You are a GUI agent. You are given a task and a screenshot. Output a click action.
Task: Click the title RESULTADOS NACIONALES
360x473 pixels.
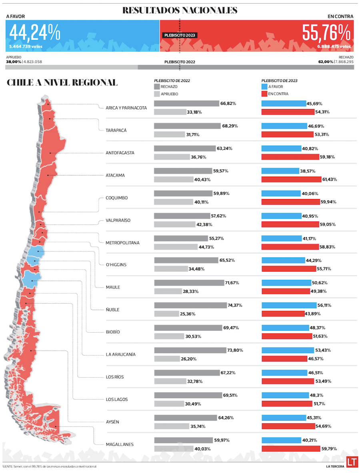pos(180,10)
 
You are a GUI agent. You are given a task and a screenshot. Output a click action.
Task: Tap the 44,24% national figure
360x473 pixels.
pos(35,33)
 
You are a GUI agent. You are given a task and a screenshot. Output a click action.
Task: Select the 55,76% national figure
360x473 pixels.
pos(326,33)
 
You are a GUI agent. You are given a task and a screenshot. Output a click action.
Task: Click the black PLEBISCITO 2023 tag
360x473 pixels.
pos(180,35)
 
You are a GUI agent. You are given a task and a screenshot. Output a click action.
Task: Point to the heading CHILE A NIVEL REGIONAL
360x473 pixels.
pos(62,83)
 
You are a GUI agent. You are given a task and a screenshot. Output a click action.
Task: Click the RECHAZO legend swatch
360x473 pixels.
pos(156,86)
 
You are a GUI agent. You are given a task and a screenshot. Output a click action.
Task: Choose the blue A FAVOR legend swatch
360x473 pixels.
pos(264,86)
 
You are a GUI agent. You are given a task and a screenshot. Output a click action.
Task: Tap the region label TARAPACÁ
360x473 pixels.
pos(116,130)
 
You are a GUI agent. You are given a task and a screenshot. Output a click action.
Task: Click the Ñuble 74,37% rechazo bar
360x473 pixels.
pos(190,305)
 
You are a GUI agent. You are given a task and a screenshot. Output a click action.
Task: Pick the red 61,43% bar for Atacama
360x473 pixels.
pos(291,180)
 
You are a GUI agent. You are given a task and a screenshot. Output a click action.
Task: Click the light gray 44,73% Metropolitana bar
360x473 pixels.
pos(176,247)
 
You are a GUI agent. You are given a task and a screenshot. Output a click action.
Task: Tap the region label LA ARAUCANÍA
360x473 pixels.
pos(120,355)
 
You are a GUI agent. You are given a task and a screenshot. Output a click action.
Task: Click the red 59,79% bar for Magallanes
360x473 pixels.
pos(290,449)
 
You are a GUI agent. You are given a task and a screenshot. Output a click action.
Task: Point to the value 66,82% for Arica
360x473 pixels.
pos(228,104)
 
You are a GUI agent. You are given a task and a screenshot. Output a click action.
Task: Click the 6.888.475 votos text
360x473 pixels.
pos(334,47)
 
